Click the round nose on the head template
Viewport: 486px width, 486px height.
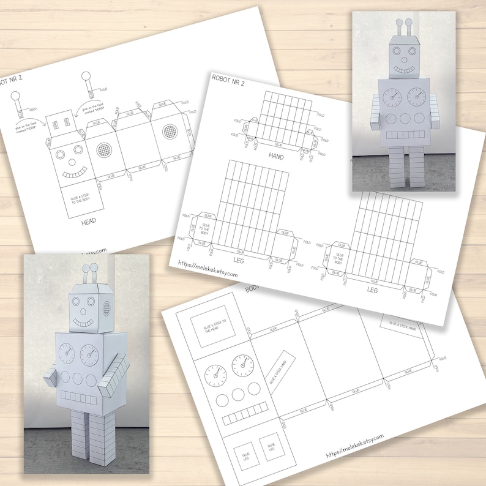coord(69,163)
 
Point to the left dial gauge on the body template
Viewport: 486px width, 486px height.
coord(215,372)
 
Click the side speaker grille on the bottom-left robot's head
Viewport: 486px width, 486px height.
coord(108,308)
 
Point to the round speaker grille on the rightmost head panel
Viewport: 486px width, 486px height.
coord(169,132)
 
